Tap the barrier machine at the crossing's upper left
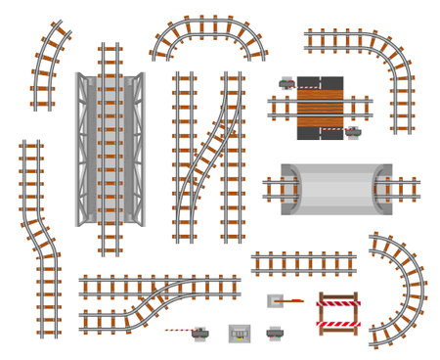click(x=287, y=85)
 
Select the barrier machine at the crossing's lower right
click(x=354, y=130)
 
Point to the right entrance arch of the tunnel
click(x=380, y=189)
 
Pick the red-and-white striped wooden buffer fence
click(x=338, y=312)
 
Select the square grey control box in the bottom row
click(x=240, y=334)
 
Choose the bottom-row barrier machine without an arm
click(x=276, y=334)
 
